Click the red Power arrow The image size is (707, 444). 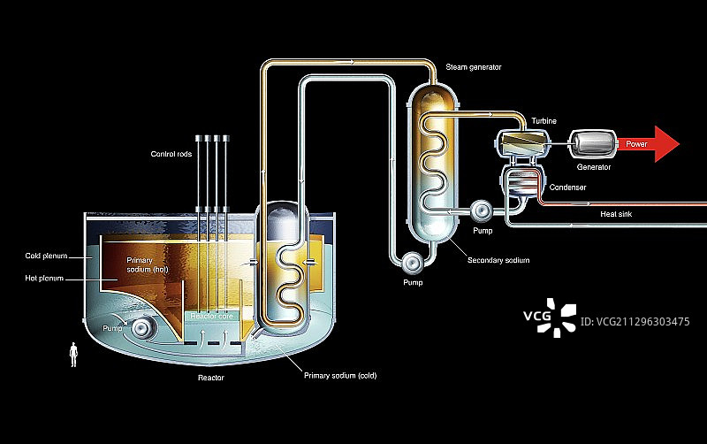pyautogui.click(x=650, y=143)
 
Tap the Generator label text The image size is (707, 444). pyautogui.click(x=595, y=166)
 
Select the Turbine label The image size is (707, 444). pyautogui.click(x=544, y=119)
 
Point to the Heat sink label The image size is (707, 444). pyautogui.click(x=615, y=213)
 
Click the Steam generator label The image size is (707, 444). pyautogui.click(x=474, y=66)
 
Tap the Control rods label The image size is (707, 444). pyautogui.click(x=171, y=155)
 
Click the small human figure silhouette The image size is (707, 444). pyautogui.click(x=73, y=356)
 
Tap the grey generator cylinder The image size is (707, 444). pyautogui.click(x=588, y=143)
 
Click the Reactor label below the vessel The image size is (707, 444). pyautogui.click(x=210, y=378)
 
